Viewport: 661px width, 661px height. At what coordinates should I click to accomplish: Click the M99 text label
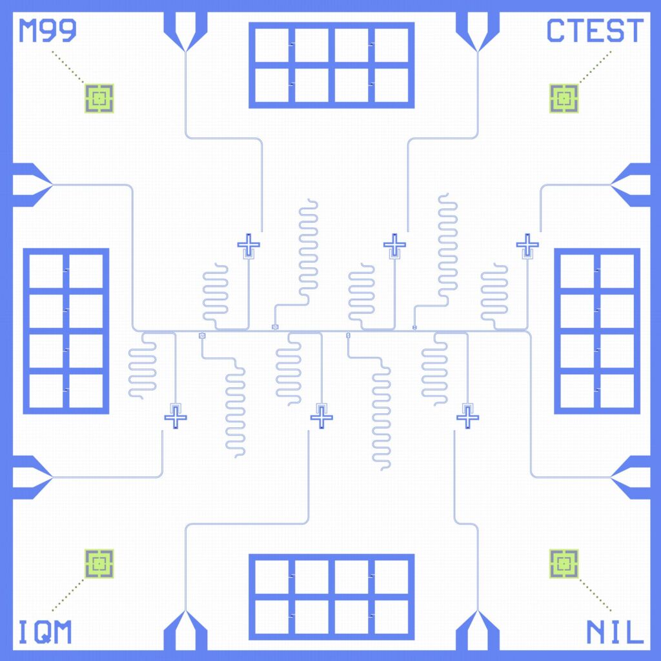tap(48, 30)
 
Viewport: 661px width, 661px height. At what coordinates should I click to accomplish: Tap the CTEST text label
tap(595, 30)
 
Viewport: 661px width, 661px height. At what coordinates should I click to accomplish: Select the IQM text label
tap(45, 632)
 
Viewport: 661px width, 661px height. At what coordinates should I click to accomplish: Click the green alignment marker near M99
tap(99, 99)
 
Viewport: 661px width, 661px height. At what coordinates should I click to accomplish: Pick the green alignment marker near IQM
tap(99, 564)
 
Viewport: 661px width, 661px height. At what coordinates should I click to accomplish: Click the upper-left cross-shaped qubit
tap(249, 245)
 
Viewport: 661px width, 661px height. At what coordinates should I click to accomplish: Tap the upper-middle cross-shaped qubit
tap(394, 245)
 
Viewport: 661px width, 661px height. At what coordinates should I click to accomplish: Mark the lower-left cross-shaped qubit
tap(176, 418)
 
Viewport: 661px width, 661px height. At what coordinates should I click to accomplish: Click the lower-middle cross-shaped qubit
tap(321, 418)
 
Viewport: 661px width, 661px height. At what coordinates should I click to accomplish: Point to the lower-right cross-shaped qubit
tap(467, 418)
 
